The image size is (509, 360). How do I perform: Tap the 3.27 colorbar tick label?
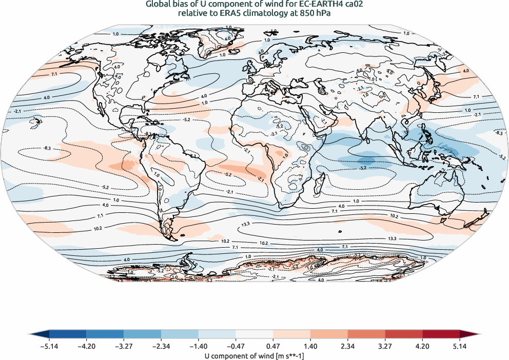tap(385, 347)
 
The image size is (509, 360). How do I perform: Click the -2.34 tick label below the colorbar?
tap(161, 347)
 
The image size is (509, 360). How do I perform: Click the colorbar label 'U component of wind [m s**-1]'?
tap(254, 355)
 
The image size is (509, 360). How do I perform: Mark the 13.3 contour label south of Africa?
tap(245, 224)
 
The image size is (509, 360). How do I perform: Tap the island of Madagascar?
tap(322, 183)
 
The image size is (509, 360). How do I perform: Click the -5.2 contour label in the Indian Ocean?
tap(363, 168)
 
